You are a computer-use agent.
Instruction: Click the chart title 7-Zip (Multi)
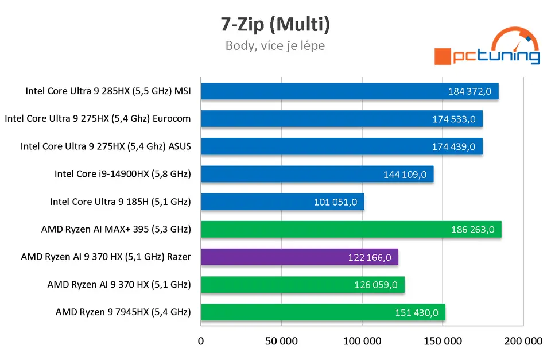275,24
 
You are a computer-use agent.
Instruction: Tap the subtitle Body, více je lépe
275,45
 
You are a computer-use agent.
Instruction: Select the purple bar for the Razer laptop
299,257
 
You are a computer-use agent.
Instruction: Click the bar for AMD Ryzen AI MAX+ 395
351,230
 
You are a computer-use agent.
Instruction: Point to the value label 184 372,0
471,91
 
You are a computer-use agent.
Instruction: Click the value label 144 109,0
405,175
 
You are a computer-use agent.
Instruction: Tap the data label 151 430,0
417,313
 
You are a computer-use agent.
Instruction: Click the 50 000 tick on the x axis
281,341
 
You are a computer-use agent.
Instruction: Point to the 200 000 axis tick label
523,341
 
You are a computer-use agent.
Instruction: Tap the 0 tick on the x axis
201,341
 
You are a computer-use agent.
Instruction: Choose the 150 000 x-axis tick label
443,341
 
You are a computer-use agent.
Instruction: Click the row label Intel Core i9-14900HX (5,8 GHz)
122,174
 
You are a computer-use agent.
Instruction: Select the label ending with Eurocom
98,119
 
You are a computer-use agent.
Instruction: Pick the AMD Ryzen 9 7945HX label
123,312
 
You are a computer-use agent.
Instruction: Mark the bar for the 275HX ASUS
342,146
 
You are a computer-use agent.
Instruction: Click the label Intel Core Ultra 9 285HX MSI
108,91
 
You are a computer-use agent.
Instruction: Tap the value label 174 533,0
454,119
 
